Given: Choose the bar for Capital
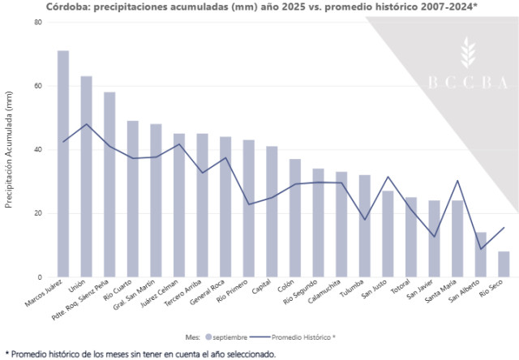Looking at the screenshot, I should (x=272, y=212).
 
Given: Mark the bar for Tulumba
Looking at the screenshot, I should (x=365, y=226).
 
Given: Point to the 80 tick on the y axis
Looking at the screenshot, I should (x=37, y=22).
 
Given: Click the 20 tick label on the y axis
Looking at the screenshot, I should (x=37, y=214).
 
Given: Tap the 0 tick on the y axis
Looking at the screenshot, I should (x=40, y=277).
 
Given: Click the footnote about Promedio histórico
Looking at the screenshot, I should (x=140, y=354).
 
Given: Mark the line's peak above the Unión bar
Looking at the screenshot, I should (x=86, y=124).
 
